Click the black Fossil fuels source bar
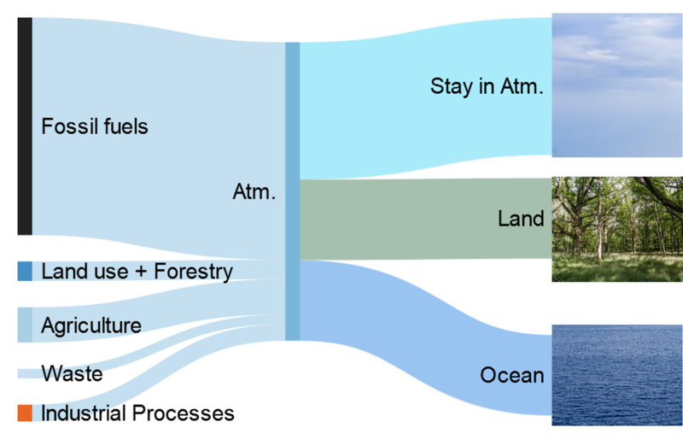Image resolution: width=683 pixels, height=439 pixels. click(25, 126)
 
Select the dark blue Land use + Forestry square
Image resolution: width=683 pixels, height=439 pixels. click(25, 271)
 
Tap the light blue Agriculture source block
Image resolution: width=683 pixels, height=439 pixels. click(25, 325)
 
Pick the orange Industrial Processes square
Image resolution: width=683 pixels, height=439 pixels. click(25, 413)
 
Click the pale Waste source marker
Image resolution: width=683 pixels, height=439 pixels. click(25, 373)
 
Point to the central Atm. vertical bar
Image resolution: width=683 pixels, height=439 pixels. click(292, 191)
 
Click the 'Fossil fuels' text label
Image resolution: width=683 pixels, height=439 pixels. click(95, 126)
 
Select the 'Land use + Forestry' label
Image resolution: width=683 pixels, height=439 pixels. click(137, 272)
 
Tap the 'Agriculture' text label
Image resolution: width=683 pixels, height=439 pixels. click(91, 325)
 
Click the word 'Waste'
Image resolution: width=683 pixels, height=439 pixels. click(72, 373)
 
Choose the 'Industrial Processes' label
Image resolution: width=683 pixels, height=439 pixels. click(137, 413)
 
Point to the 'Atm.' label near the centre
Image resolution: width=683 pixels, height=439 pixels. click(254, 191)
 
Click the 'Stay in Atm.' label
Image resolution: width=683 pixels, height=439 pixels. click(487, 86)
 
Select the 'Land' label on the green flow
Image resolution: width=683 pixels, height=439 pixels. click(521, 219)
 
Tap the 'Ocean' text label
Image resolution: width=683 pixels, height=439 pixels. click(512, 375)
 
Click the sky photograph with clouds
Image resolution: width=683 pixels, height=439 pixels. click(617, 85)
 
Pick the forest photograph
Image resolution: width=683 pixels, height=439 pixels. click(617, 229)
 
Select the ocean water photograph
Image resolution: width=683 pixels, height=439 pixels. click(617, 375)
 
